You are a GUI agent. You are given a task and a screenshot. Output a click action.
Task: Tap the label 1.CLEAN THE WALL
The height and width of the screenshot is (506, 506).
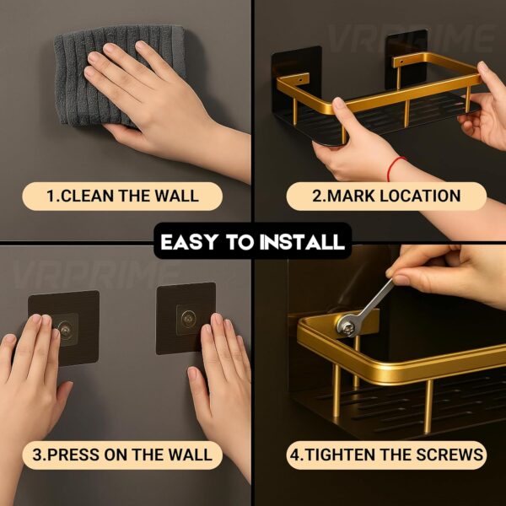pos(122,196)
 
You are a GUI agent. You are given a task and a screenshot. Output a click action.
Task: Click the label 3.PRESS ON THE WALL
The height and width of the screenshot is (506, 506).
pos(122,455)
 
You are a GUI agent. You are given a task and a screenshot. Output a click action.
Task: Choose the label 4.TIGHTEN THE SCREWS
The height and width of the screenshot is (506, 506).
pos(387,455)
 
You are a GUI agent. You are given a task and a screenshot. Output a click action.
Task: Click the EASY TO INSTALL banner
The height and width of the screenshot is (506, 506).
pos(252,243)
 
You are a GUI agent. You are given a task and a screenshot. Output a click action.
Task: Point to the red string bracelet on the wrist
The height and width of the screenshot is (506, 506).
pos(396,168)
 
